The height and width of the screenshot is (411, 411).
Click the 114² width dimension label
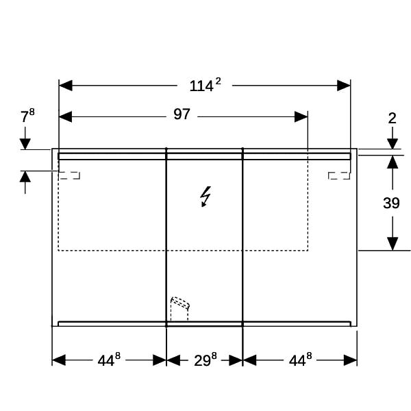(206, 85)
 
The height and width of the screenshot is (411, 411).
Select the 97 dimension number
(182, 114)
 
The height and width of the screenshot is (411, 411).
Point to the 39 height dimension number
(391, 203)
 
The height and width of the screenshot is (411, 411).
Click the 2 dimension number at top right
(392, 119)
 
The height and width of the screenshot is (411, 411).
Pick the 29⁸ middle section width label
(206, 360)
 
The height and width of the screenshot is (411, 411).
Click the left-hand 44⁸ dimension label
(109, 360)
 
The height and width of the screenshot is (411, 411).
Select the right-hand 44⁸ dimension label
(301, 360)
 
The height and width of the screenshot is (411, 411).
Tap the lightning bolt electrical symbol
(206, 197)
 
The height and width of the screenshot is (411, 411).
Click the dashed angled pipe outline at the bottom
(179, 308)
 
